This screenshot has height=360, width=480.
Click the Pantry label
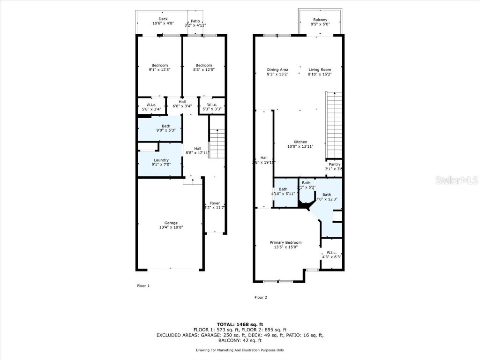(334, 165)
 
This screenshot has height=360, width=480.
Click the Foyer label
(215, 203)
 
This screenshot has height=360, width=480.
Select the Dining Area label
(277, 69)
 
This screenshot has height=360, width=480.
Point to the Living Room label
(320, 69)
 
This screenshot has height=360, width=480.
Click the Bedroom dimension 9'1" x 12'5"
(159, 70)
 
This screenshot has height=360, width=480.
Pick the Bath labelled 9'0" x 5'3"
(166, 128)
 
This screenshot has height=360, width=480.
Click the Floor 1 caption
(143, 285)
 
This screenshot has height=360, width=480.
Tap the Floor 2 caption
(261, 297)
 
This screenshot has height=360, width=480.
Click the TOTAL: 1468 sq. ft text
(240, 324)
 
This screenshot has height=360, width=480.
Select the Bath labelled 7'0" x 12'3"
(326, 197)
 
